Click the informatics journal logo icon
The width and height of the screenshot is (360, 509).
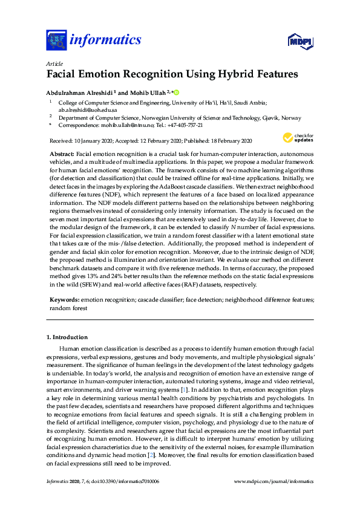(x=56, y=41)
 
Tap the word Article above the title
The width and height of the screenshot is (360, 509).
(x=53, y=62)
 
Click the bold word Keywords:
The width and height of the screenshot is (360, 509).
(x=64, y=300)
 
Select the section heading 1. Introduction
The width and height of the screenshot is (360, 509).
(x=67, y=337)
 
